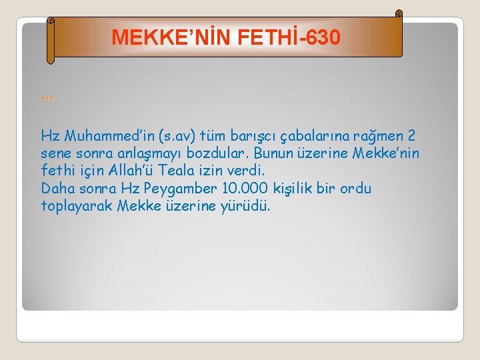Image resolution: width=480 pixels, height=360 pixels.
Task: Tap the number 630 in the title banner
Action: point(321,37)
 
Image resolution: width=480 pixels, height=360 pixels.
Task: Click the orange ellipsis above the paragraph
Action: point(47,97)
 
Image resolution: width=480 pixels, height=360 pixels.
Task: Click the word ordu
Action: point(355,189)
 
